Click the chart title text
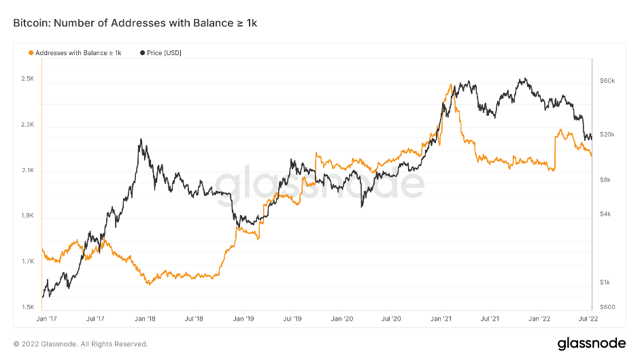point(135,24)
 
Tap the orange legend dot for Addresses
point(30,52)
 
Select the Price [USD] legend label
point(164,52)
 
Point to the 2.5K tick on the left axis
point(27,80)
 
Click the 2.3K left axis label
point(27,125)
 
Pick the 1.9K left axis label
point(27,216)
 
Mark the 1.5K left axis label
point(27,308)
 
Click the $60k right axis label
point(607,81)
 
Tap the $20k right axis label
point(607,135)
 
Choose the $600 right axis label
point(607,307)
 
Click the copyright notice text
point(80,344)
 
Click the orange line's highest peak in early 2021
point(452,84)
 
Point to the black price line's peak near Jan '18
point(140,140)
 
